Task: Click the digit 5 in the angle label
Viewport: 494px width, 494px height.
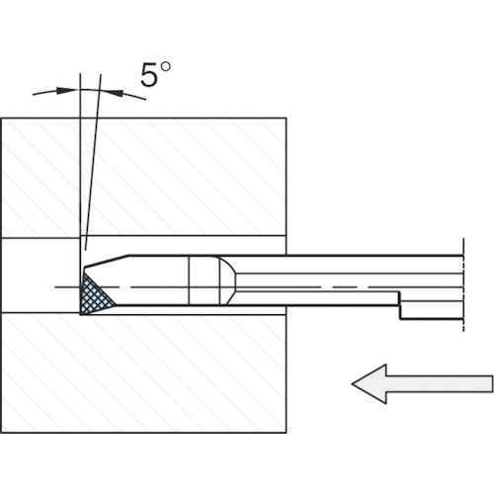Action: (149, 75)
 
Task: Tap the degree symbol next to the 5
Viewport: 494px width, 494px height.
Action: (165, 66)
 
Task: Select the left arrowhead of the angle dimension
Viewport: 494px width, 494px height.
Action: (65, 90)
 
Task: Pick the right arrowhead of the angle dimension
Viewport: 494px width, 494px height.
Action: (115, 93)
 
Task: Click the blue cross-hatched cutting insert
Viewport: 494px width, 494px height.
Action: (93, 295)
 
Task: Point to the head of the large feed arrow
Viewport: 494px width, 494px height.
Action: (370, 383)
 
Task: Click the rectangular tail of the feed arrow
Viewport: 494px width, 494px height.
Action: (440, 383)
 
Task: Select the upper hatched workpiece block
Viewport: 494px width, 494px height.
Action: (144, 177)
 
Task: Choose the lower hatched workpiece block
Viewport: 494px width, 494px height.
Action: (144, 373)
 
